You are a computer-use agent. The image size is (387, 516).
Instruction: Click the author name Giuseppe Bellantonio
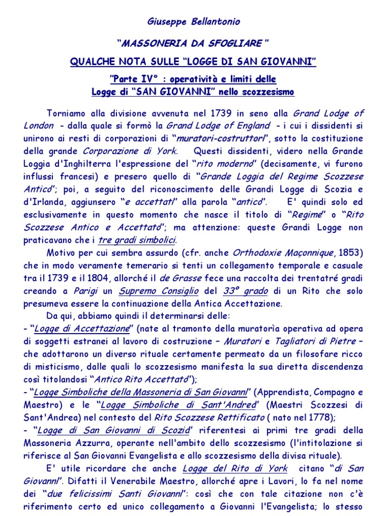coord(193,22)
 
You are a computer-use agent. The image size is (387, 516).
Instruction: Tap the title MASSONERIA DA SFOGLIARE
coord(193,43)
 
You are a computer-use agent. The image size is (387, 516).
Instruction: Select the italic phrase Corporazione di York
coord(130,151)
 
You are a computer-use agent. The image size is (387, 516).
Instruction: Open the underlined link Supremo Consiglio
coord(151,291)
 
